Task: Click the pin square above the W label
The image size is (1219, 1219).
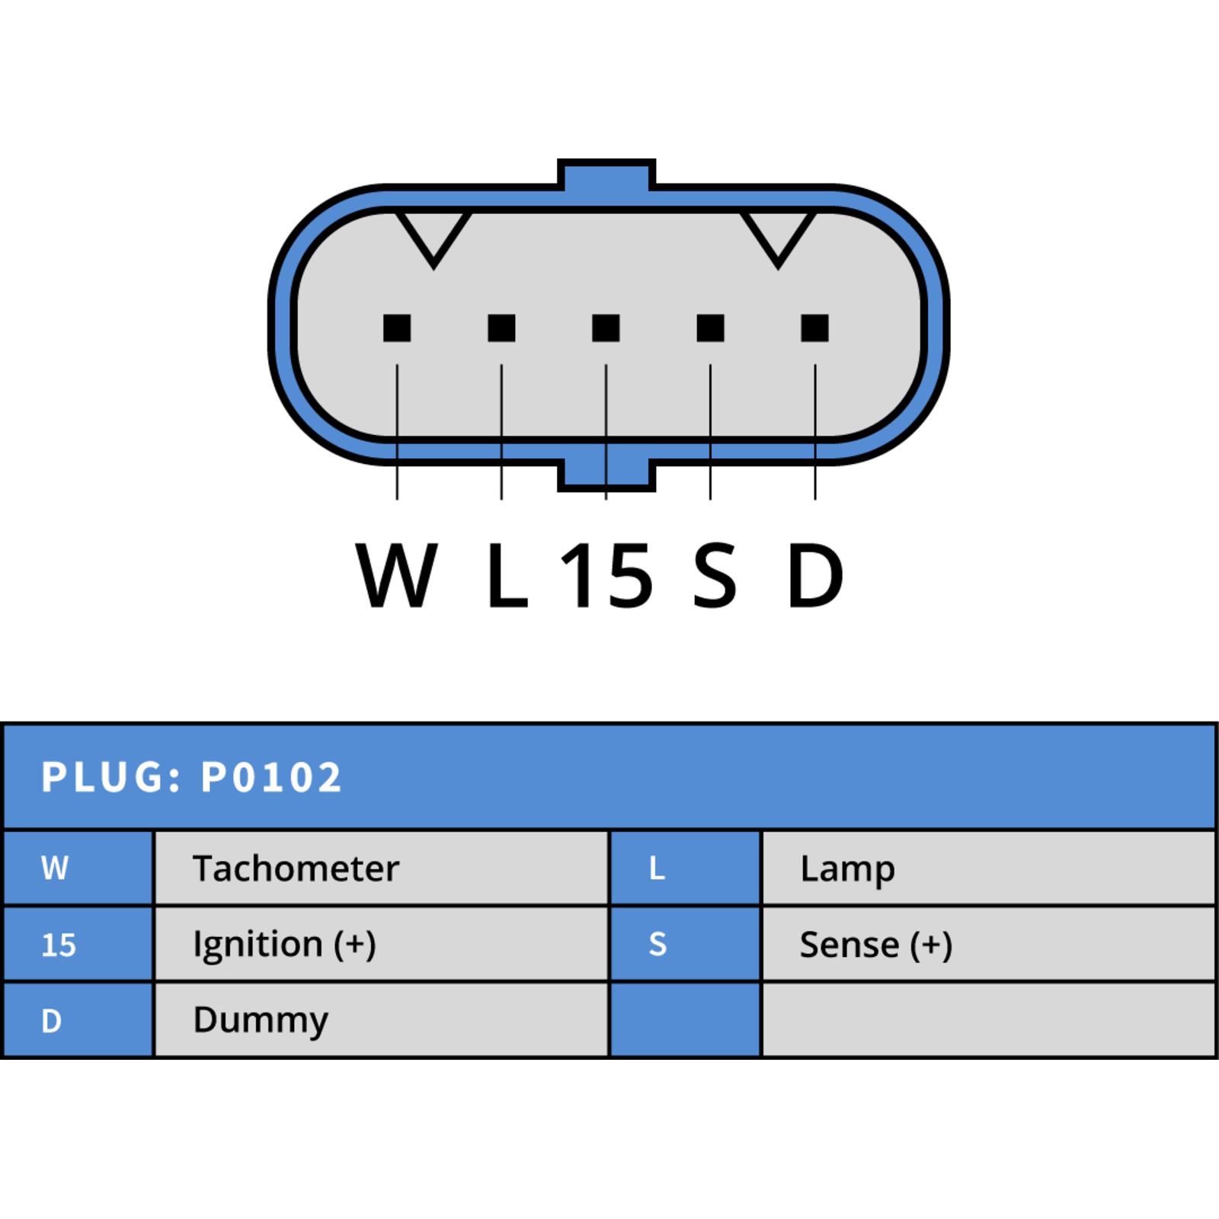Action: [x=397, y=328]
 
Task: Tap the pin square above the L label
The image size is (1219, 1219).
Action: [x=501, y=328]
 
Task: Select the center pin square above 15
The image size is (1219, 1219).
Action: [x=606, y=328]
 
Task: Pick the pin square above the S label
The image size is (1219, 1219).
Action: [x=710, y=328]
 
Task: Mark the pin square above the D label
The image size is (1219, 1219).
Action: [x=814, y=328]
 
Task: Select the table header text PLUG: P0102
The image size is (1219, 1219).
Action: [x=192, y=778]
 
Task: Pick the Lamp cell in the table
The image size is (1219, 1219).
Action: [x=988, y=868]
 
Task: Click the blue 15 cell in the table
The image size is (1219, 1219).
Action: [x=78, y=944]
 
